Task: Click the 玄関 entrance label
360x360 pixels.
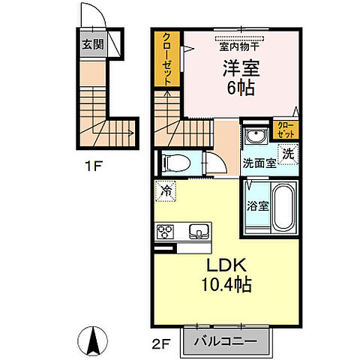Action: point(89,43)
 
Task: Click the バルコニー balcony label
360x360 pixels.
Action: point(226,340)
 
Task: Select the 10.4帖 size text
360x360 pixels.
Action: point(225,285)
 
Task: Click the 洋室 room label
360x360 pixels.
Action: point(240,67)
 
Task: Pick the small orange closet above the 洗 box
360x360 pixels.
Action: point(286,128)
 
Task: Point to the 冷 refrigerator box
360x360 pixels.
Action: point(166,190)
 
